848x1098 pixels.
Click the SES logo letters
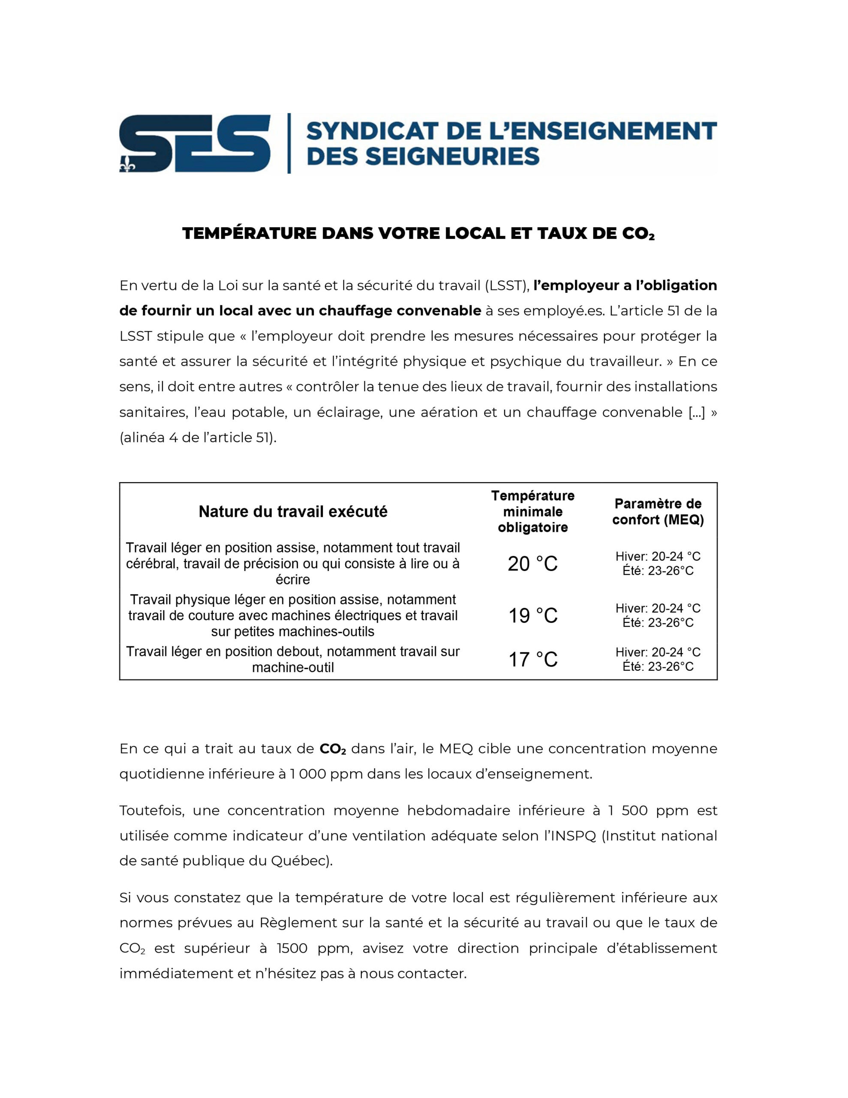coord(195,143)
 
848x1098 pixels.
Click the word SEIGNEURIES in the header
coord(452,157)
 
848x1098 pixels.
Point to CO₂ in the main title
coord(638,234)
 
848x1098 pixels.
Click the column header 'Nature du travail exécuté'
coord(293,512)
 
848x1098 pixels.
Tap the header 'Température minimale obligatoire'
coord(532,511)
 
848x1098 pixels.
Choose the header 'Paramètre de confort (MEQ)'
coord(658,511)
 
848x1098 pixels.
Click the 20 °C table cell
coord(532,564)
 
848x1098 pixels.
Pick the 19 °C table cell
coord(532,615)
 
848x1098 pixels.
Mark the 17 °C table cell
coord(532,659)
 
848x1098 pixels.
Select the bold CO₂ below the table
coord(333,748)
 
